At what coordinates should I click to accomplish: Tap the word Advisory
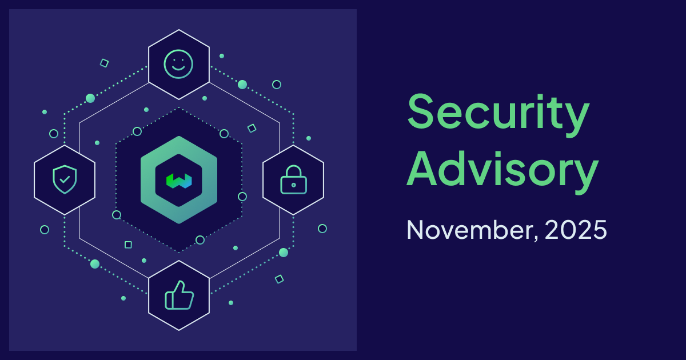[502, 170]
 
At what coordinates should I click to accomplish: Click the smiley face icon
[178, 63]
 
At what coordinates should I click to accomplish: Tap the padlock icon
[293, 179]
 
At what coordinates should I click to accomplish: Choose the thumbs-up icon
[179, 295]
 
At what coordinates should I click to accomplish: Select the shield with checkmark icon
[64, 179]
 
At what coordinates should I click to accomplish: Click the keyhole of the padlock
[293, 185]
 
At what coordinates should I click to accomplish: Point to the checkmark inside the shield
[65, 180]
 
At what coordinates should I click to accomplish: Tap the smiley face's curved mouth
[178, 69]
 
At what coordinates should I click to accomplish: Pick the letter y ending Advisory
[586, 174]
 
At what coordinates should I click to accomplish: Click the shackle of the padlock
[293, 170]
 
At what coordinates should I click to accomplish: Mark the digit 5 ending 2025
[597, 230]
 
